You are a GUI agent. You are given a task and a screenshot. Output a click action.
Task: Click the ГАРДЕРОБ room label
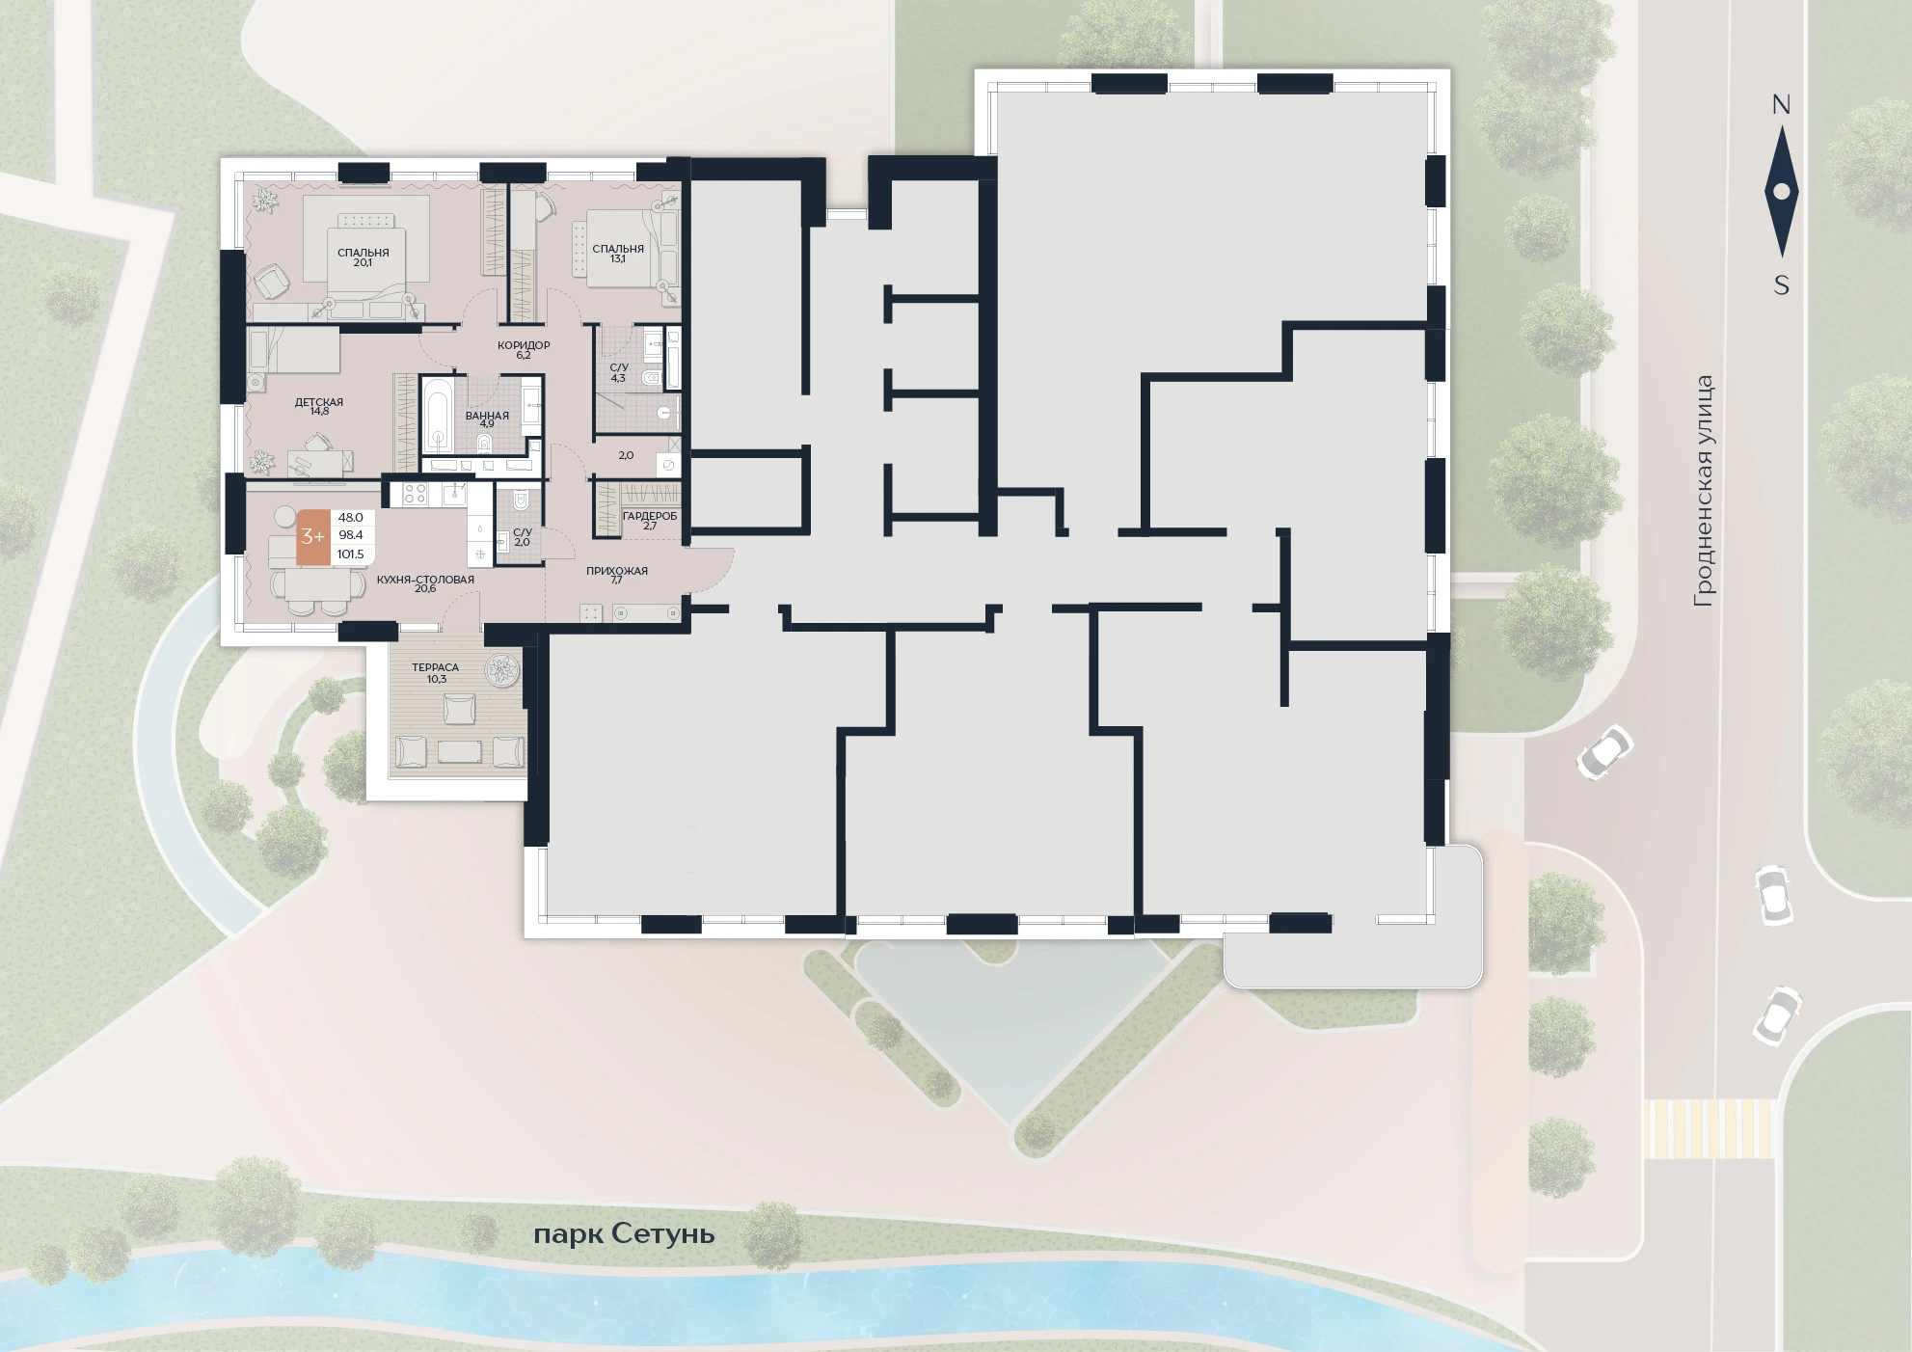[x=650, y=516]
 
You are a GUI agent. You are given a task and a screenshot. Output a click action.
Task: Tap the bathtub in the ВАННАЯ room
[x=438, y=415]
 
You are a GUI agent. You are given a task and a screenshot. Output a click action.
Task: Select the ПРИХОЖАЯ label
[x=617, y=571]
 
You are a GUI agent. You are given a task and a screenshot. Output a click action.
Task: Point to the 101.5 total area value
[x=350, y=554]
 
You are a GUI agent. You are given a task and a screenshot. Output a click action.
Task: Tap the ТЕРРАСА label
[x=435, y=667]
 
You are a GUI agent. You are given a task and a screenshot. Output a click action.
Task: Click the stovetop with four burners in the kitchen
[x=415, y=494]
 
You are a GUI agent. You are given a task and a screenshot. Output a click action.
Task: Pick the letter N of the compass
[x=1781, y=105]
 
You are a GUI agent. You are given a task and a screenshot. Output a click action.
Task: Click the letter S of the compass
[x=1781, y=285]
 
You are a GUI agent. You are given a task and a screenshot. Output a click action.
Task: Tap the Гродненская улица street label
[x=1705, y=491]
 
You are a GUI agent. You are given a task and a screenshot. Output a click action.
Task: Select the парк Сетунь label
[x=624, y=1234]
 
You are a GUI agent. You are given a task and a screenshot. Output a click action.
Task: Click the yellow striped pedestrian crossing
[x=1709, y=1128]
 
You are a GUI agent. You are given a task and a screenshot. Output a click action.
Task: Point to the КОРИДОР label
[x=524, y=345]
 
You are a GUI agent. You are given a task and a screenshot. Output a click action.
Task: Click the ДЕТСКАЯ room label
[x=319, y=402]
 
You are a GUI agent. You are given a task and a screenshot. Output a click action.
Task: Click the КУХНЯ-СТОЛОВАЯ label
[x=425, y=580]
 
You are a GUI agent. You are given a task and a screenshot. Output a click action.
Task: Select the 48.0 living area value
[x=350, y=518]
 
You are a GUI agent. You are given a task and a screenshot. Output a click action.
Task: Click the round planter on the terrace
[x=501, y=669]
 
